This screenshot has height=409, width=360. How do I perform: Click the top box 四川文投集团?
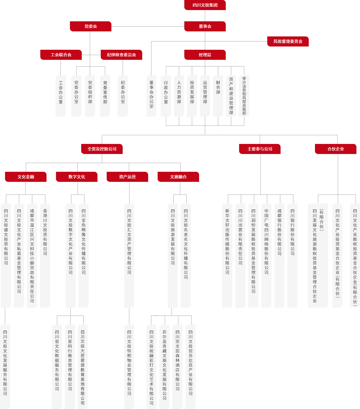coord(205,5)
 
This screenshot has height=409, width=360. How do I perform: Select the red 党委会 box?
coord(91,26)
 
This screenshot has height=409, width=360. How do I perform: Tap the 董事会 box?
coord(205,26)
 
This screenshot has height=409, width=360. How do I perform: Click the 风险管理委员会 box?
coord(288,41)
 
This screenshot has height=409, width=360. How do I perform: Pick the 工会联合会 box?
coord(61,55)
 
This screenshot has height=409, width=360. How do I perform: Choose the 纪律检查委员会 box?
coord(121,55)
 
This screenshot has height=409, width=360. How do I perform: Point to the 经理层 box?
coord(205,55)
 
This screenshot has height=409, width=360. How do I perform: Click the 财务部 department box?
coord(218,96)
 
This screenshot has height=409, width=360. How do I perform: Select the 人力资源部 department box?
coord(179,96)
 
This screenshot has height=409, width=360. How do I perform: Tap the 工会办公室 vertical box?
coord(61,96)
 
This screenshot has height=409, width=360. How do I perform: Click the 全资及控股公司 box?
coord(102,149)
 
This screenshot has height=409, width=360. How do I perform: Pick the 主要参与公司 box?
coord(260,149)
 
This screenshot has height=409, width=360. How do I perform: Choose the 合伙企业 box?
coord(336,149)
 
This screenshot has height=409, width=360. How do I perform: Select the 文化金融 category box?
coord(26,177)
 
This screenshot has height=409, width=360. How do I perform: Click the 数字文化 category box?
coord(77,177)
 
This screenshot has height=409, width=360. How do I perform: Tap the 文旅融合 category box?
coord(178,177)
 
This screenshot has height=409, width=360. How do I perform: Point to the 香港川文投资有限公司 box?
coord(45,255)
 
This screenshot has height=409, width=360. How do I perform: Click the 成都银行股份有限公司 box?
coord(279,255)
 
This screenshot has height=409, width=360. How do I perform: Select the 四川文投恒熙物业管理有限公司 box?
coord(129,366)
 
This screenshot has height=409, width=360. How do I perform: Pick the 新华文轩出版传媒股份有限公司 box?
coord(227,255)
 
